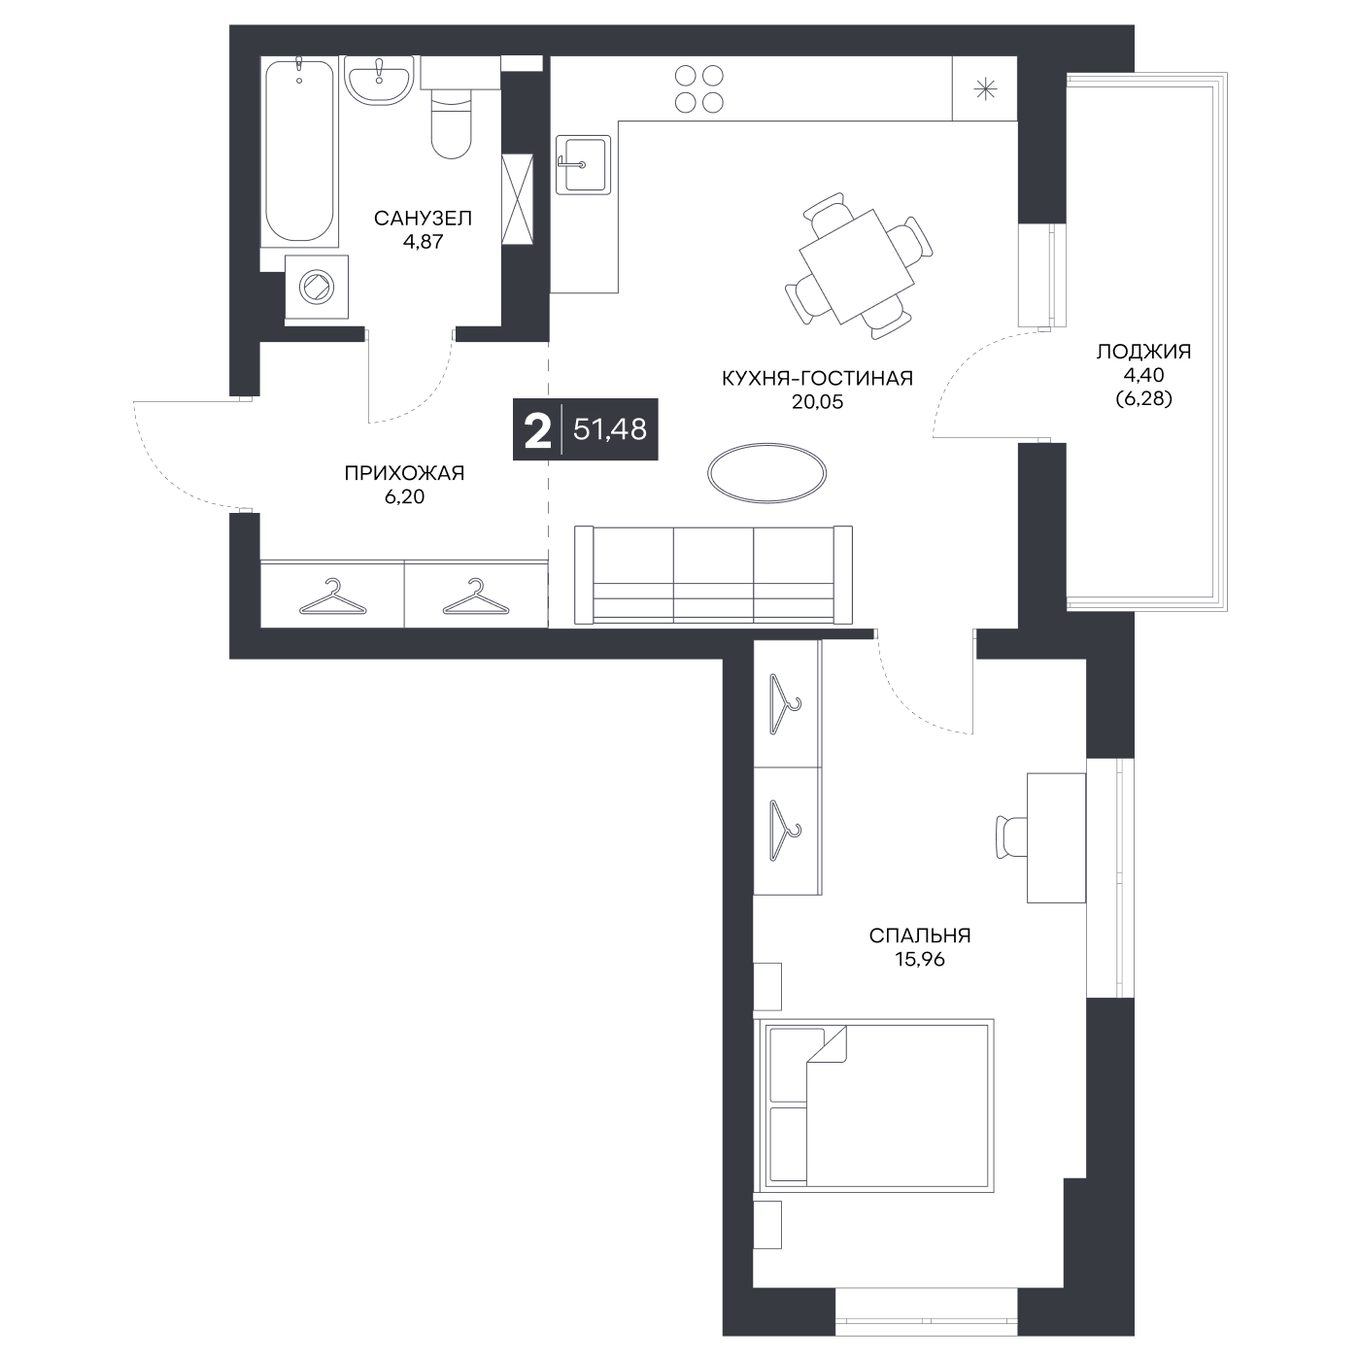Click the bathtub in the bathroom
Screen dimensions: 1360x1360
pos(298,152)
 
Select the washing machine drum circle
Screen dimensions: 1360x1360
pos(316,288)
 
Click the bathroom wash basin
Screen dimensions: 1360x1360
pos(378,81)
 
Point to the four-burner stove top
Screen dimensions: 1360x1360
pos(698,89)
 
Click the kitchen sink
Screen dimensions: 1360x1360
pos(583,164)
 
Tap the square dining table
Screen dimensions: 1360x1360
pos(858,266)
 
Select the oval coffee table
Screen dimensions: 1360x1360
pos(766,473)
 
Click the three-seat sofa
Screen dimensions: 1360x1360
pos(714,575)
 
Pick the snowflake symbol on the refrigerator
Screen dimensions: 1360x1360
pos(985,89)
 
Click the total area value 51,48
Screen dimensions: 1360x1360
pos(610,429)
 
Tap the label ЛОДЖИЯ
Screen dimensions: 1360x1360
pos(1143,352)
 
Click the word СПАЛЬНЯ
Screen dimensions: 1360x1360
pos(920,935)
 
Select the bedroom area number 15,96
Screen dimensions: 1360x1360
pos(920,960)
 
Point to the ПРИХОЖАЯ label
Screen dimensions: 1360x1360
pos(404,473)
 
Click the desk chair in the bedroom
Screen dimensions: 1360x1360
pos(1010,837)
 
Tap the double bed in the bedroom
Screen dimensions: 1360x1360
pos(873,1105)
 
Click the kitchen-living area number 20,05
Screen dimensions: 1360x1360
pos(817,402)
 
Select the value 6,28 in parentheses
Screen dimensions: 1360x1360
pos(1144,399)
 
